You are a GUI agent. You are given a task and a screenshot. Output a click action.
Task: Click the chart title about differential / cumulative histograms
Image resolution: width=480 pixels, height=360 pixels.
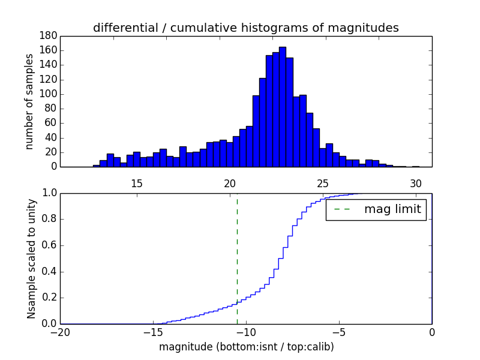246,28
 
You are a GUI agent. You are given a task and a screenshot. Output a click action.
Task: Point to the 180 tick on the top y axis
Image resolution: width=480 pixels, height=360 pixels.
49,36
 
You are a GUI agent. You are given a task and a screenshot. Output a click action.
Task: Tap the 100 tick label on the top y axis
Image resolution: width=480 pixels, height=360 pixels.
49,94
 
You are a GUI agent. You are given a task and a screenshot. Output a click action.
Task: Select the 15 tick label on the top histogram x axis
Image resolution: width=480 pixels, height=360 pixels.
136,183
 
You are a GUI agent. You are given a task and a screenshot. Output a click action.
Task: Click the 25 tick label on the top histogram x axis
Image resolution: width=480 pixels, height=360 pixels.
323,183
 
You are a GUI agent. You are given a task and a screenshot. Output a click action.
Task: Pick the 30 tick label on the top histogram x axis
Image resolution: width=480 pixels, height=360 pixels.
416,183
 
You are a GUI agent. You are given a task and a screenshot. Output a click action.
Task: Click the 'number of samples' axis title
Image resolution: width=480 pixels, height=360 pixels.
29,101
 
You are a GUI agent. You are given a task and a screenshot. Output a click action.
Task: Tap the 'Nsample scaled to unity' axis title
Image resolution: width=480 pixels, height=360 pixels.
31,258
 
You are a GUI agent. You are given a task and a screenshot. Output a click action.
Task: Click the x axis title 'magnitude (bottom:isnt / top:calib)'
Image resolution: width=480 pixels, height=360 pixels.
246,347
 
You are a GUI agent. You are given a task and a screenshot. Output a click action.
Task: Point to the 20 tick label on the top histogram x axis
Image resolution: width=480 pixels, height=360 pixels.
230,183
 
